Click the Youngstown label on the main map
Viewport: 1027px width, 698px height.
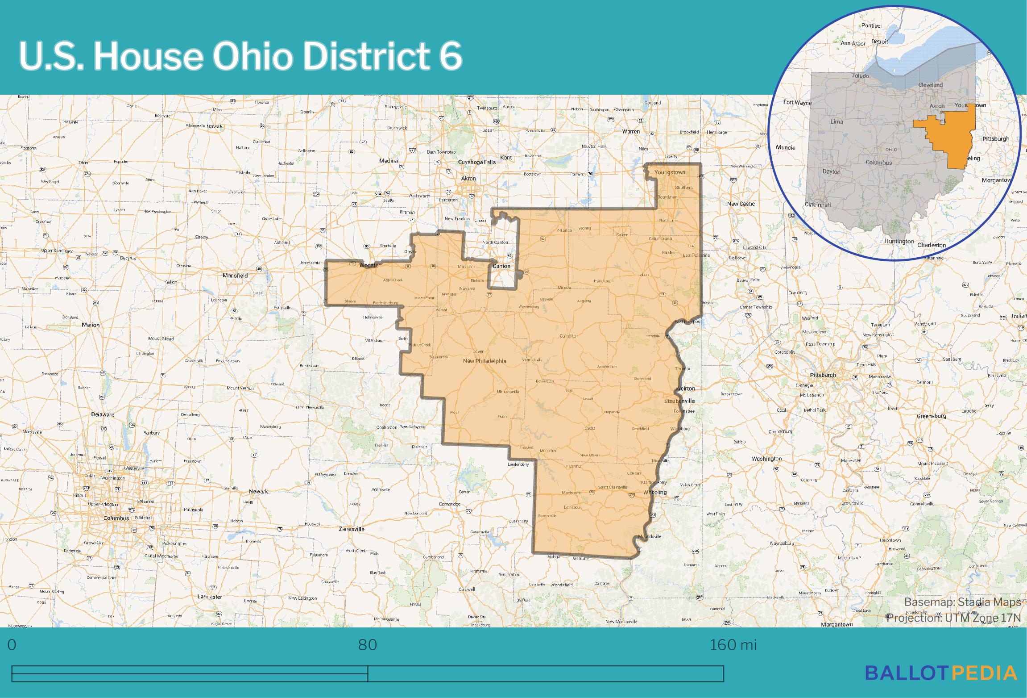coord(669,172)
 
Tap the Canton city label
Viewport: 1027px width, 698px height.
coord(501,266)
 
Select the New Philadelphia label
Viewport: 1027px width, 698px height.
coord(485,361)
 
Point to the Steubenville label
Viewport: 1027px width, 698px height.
coord(679,401)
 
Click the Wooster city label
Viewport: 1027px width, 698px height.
coord(370,266)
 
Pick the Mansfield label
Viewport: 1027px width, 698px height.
coord(235,276)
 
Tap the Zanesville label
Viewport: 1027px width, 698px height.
coord(351,529)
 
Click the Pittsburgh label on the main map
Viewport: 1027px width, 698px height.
coord(823,375)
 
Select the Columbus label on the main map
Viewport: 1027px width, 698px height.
coord(116,518)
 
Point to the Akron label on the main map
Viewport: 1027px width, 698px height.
coord(468,179)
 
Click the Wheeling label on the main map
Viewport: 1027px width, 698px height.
coord(655,492)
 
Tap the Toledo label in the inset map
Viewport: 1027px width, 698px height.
coord(860,76)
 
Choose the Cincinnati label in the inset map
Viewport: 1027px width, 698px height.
coord(818,205)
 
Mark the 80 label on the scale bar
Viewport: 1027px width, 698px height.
coord(368,645)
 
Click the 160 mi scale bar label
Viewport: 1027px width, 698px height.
coord(733,645)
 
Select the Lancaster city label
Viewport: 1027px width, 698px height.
coord(210,597)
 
